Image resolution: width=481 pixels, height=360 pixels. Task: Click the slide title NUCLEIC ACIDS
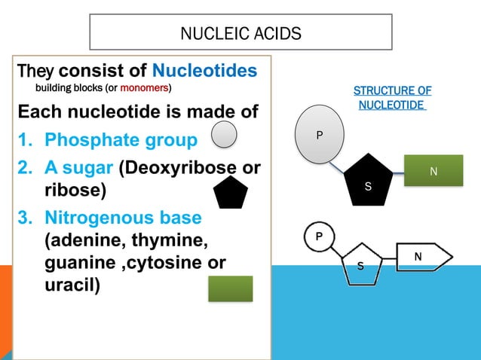point(240,33)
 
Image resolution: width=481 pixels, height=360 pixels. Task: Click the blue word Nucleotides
point(204,71)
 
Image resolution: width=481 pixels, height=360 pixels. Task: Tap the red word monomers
point(144,88)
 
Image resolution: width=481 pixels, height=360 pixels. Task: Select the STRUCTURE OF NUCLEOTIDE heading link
point(392,98)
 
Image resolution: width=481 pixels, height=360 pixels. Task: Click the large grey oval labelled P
point(320,134)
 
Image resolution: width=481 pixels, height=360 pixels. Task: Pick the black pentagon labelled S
point(368,180)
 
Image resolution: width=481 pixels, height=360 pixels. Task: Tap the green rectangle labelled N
point(434,170)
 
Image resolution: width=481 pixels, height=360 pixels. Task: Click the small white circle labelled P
point(319,236)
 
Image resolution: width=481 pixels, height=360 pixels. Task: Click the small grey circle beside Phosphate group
point(224,134)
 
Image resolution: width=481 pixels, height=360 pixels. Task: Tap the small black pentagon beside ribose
point(231,193)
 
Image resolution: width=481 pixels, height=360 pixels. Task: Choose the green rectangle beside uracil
point(231,288)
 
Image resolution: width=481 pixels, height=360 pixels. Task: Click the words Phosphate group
point(121,140)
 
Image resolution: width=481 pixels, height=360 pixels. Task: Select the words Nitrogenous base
point(124,218)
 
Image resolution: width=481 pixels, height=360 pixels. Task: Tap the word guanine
point(81,263)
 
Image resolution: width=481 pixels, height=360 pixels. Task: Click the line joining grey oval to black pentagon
point(336,168)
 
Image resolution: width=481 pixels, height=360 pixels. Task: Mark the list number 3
point(25,218)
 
